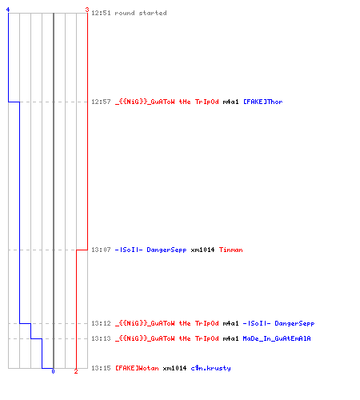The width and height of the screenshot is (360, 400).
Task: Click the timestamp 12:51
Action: [101, 13]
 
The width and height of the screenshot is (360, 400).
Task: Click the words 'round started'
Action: [141, 13]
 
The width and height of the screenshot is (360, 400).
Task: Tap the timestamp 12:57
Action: [101, 102]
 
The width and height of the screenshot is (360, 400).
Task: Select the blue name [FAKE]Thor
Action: [263, 102]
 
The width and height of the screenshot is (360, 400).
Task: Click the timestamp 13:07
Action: [101, 250]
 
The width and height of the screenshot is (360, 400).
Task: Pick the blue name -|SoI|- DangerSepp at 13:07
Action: [150, 250]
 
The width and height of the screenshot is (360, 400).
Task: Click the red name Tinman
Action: [231, 250]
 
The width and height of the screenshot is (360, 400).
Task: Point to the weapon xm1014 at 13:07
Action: [202, 250]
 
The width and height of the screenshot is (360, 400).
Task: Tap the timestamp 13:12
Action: [101, 323]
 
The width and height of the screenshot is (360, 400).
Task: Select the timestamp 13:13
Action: [101, 338]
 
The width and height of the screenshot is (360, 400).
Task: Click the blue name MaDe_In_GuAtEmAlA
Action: [277, 338]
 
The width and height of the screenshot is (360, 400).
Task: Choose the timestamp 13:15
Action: [101, 368]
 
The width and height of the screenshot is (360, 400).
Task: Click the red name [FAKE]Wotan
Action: [137, 368]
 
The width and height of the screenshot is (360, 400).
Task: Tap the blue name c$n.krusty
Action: [211, 368]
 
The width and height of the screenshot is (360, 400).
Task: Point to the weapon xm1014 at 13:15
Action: [174, 368]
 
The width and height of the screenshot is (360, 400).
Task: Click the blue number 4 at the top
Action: [8, 10]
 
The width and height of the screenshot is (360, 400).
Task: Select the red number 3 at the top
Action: [87, 10]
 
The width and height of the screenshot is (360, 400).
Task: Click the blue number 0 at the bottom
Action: [53, 371]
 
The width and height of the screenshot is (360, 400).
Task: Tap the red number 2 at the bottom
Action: [76, 371]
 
